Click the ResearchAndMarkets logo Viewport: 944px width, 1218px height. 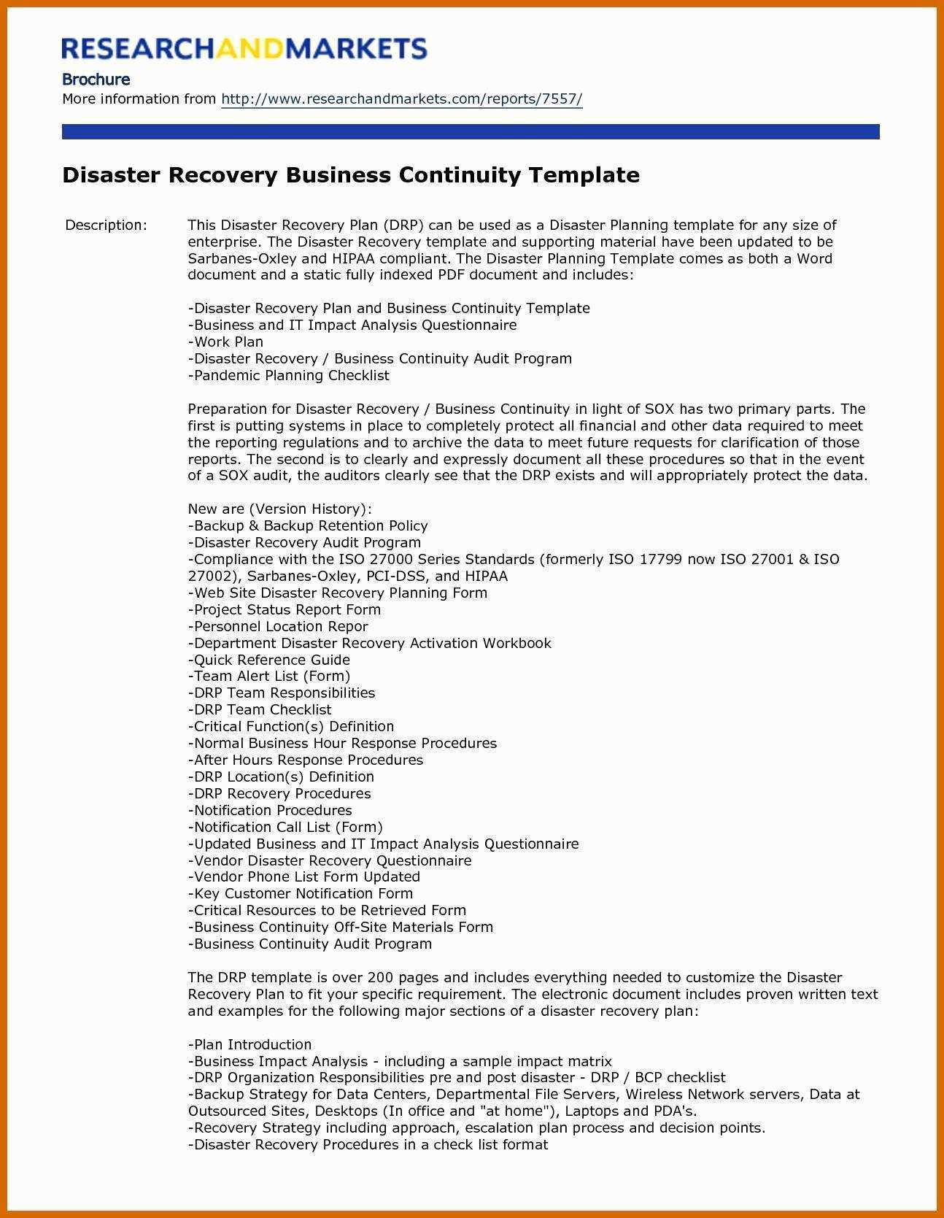(x=244, y=48)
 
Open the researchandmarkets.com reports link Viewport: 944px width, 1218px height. (x=401, y=99)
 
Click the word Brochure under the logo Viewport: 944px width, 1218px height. (x=96, y=79)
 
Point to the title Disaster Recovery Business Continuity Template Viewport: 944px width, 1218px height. (x=351, y=175)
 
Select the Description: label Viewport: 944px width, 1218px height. (x=106, y=225)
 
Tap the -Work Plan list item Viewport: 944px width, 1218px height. (x=225, y=342)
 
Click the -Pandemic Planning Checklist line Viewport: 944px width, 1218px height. (x=288, y=375)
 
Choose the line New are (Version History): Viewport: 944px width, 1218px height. (x=279, y=509)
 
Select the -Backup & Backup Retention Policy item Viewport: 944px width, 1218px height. (x=307, y=525)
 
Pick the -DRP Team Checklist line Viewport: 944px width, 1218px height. (x=259, y=709)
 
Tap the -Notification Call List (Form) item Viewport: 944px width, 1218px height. (x=285, y=827)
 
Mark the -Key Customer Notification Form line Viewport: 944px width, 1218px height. (x=300, y=893)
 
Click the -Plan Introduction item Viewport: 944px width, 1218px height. (x=249, y=1044)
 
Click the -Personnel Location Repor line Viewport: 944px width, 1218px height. (x=277, y=626)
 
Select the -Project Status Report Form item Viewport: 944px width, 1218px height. (x=284, y=609)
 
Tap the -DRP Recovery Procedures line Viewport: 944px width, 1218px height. (x=279, y=793)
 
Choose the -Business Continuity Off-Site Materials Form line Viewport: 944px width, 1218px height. (x=340, y=927)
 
